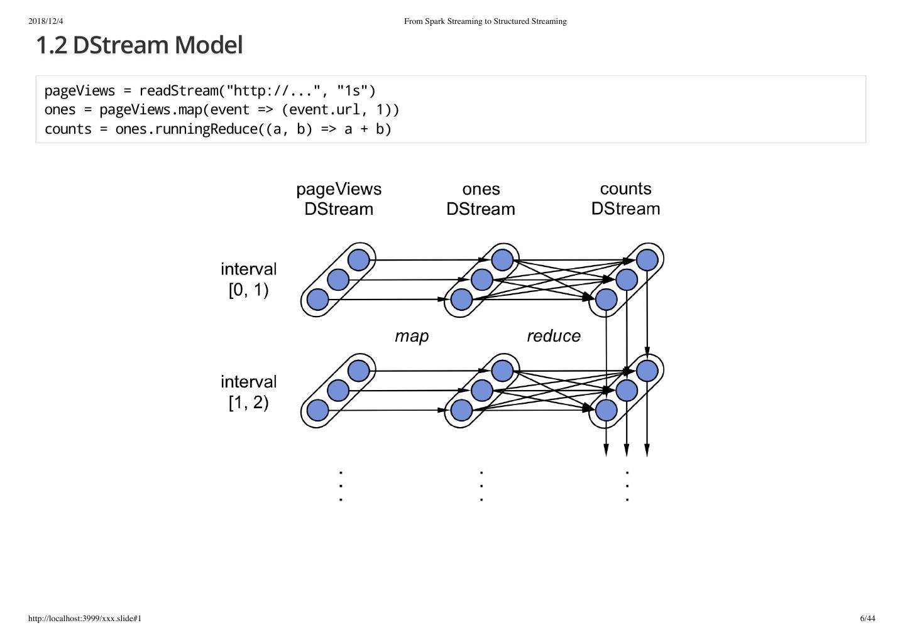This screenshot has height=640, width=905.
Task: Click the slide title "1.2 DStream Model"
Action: point(139,45)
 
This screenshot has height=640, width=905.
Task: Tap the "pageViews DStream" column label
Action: point(339,198)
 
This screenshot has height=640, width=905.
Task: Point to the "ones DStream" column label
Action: point(481,198)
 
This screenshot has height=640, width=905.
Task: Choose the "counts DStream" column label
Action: point(625,198)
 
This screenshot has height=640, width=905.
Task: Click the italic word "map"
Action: point(412,337)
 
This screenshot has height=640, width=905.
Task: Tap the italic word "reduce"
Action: point(553,337)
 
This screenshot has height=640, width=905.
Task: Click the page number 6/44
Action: point(867,619)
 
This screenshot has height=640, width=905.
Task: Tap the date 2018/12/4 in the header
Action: point(46,21)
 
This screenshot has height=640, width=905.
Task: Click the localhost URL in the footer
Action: point(85,619)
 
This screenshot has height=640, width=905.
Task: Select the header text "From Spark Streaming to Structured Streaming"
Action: point(485,21)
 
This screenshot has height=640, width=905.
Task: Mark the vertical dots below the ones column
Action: point(481,485)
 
